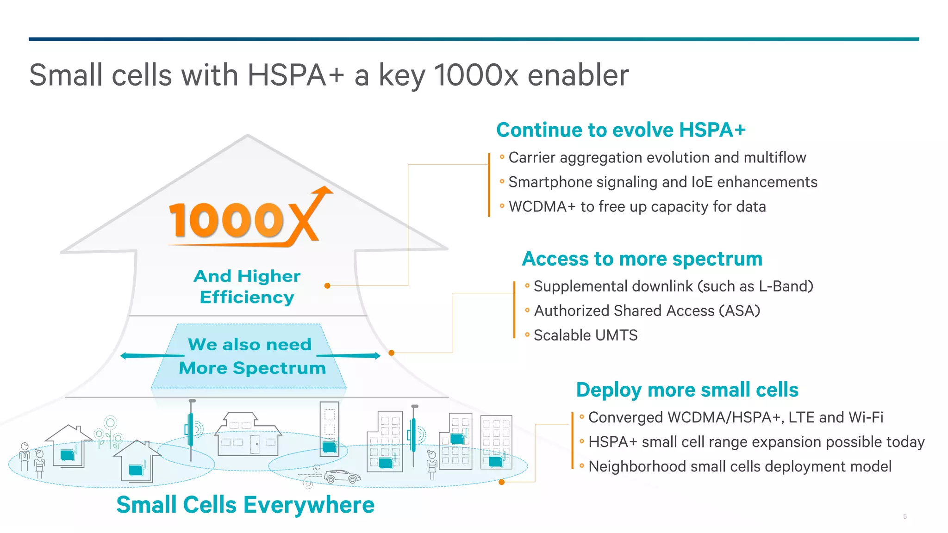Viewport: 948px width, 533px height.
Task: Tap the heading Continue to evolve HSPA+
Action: tap(621, 130)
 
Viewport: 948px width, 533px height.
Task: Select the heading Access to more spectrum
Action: tap(642, 259)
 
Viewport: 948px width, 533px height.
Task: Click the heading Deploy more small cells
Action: tap(687, 390)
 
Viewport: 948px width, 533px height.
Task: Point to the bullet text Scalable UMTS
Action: tap(586, 335)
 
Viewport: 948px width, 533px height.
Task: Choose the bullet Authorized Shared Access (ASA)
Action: tap(647, 310)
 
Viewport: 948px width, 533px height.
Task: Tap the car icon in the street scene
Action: tap(342, 476)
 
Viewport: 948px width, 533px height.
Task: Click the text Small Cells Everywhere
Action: tap(245, 504)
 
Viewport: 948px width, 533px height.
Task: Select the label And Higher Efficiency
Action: tap(247, 286)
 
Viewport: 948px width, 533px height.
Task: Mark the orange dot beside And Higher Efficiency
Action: tap(327, 285)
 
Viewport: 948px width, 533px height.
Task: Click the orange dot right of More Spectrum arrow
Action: tap(392, 353)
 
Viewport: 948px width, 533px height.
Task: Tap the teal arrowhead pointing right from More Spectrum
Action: tap(377, 355)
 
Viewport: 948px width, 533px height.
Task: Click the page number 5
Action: tap(904, 516)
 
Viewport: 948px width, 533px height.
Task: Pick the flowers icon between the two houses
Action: tap(109, 433)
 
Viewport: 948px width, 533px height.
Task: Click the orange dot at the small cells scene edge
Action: tap(501, 482)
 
